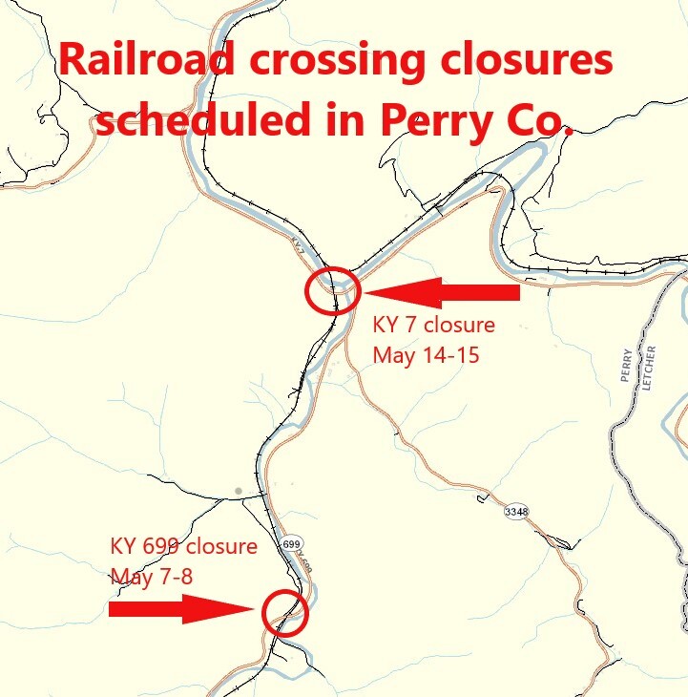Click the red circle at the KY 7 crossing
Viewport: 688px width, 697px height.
(x=332, y=290)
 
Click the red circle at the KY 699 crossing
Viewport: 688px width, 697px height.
(x=283, y=611)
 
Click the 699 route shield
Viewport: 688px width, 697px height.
(x=292, y=543)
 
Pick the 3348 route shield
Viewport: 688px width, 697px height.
(x=516, y=512)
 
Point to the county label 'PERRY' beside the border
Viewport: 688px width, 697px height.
(x=627, y=364)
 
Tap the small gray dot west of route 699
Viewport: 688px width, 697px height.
(x=238, y=492)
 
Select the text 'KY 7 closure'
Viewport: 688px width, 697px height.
(x=434, y=325)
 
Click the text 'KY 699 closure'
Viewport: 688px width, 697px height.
(x=183, y=547)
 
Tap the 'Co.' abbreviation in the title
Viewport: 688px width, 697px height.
(x=537, y=119)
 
